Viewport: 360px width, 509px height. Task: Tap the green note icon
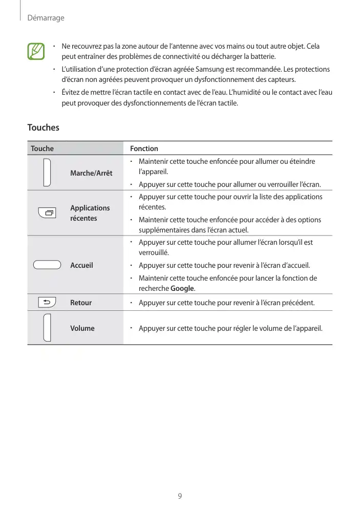click(36, 51)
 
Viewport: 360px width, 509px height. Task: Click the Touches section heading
click(43, 127)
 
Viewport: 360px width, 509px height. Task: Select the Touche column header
click(42, 149)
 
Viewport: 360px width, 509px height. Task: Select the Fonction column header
click(144, 149)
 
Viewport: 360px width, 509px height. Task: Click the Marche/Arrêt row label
click(91, 173)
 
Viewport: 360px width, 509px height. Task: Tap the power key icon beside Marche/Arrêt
click(47, 173)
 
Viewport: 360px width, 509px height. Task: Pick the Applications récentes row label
click(90, 213)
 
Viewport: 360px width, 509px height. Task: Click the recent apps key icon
click(48, 213)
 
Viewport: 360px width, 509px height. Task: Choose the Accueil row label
click(81, 265)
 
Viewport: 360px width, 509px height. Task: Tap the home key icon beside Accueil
click(48, 265)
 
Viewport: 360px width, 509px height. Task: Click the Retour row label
click(81, 303)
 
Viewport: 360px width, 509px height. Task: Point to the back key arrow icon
click(47, 303)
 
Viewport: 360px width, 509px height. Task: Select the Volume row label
click(82, 328)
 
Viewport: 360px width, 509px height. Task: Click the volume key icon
click(47, 327)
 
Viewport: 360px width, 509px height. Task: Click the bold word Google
click(183, 288)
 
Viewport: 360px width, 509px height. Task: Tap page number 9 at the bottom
click(180, 496)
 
